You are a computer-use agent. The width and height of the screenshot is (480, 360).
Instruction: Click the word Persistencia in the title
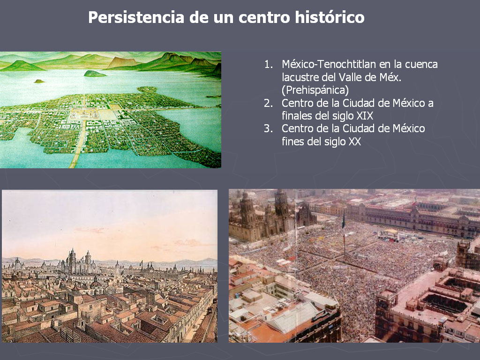(136, 17)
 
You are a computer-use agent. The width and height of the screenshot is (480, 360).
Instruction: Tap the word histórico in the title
(330, 17)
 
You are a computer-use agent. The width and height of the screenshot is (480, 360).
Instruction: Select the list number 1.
(269, 64)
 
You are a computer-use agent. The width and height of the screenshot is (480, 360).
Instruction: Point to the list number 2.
(269, 103)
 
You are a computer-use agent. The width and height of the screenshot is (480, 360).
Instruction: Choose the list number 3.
(269, 128)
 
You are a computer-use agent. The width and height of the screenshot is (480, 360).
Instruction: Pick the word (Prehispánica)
(315, 90)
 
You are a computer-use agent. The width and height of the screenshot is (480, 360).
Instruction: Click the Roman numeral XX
(355, 142)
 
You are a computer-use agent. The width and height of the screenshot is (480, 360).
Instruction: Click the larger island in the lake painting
(95, 74)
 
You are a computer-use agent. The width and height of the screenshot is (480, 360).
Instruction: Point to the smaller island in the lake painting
(39, 81)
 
